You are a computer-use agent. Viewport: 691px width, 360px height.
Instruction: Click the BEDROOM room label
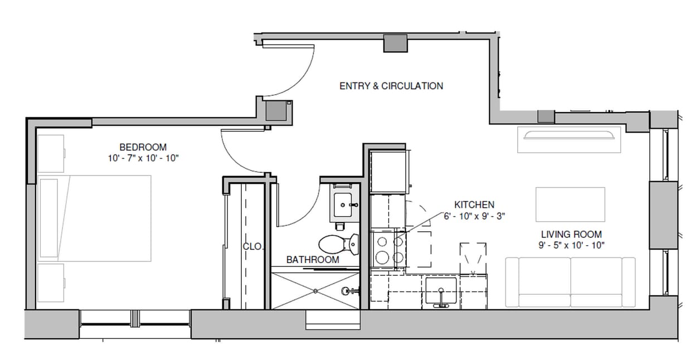coord(143,147)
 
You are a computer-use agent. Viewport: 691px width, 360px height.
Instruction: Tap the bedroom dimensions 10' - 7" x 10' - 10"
coord(143,158)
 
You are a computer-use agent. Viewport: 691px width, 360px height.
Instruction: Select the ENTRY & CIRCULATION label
coord(391,86)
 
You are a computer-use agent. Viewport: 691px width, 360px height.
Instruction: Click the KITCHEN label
coord(474,205)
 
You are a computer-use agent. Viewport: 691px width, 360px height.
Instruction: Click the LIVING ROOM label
coord(571,234)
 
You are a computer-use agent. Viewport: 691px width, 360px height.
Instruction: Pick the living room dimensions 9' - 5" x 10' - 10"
coord(571,245)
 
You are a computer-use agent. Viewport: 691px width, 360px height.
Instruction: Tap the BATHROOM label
coord(312,260)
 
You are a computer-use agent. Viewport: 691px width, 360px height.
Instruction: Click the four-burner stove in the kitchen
coord(388,249)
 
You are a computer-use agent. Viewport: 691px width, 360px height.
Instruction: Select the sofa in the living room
coord(570,282)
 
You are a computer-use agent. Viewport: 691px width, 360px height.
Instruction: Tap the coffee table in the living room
coord(570,205)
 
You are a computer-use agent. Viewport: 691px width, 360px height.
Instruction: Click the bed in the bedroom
coord(95,218)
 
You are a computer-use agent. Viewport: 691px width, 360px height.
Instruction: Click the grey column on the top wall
coord(395,43)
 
